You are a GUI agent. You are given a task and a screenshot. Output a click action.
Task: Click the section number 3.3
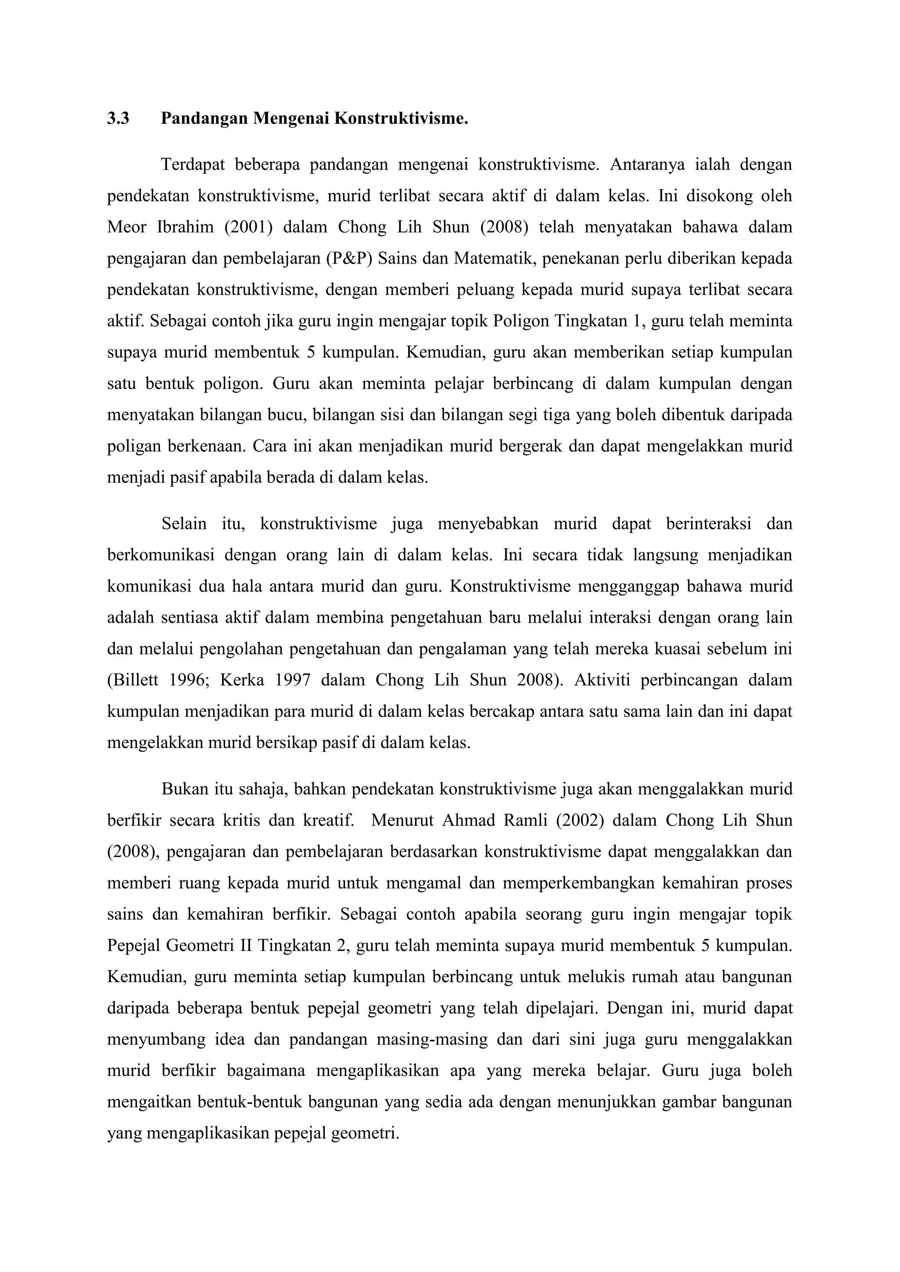118,119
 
